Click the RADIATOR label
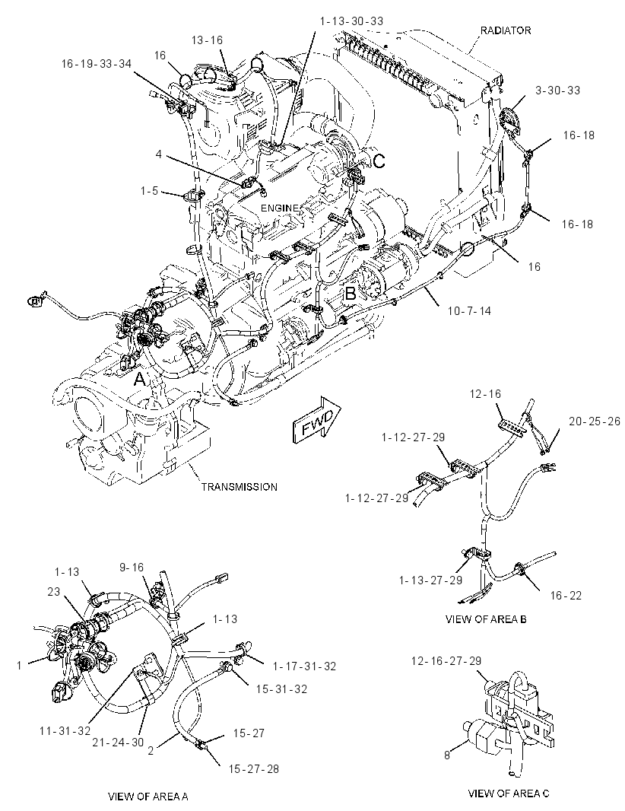coord(505,30)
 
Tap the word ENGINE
coord(279,208)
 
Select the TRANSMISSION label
coord(239,487)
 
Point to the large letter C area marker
coord(379,161)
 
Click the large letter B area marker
coord(351,293)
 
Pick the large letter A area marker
coord(140,380)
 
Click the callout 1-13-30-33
coord(351,21)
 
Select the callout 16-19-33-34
coord(96,64)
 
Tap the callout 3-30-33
coord(557,90)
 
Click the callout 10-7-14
coord(469,311)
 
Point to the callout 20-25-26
coord(594,421)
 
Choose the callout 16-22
coord(566,596)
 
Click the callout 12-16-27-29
coord(446,660)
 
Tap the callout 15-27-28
coord(253,769)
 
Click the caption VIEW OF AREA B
coord(486,619)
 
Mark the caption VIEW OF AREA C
coord(509,793)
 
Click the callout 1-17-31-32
coord(304,666)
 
